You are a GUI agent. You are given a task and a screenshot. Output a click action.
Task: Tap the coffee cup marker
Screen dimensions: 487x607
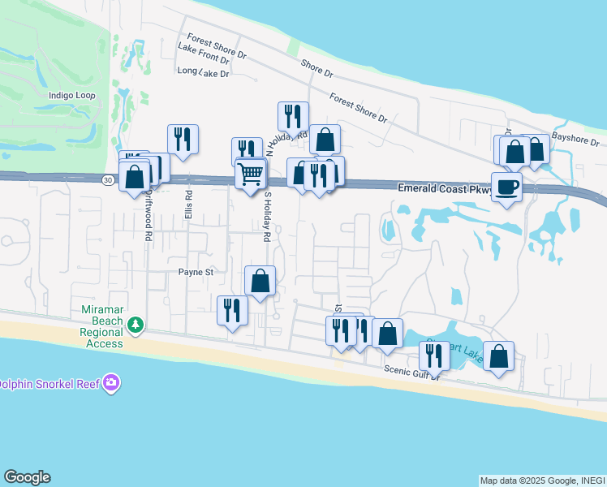point(507,187)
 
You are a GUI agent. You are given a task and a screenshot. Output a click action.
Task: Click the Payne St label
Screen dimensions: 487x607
point(196,273)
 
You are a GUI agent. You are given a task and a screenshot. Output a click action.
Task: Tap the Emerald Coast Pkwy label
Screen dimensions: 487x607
point(442,187)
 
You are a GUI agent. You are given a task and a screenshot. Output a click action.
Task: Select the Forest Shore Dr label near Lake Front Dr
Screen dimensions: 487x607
point(216,46)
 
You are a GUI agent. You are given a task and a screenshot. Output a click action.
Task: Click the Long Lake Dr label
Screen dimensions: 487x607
point(203,72)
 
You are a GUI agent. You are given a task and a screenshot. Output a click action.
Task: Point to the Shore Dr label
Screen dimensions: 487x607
point(316,68)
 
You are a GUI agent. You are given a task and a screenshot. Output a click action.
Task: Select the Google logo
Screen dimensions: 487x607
point(27,477)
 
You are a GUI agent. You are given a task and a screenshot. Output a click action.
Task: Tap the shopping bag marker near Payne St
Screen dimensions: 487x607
point(260,281)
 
